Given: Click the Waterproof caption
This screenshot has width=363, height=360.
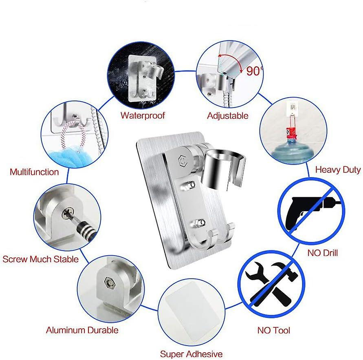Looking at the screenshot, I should tap(143, 115).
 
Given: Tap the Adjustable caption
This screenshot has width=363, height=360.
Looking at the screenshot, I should tap(227, 115).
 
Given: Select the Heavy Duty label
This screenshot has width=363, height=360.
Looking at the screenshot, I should tap(338, 170).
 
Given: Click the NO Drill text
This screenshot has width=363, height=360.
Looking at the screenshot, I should tap(322, 253).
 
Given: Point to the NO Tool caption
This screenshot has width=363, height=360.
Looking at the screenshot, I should tap(274, 330).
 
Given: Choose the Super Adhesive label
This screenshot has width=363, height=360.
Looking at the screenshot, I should tap(191, 353).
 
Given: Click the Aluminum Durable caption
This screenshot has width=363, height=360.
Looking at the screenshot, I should tap(82, 330).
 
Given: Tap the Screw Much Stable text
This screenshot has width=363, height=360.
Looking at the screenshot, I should tap(41, 259).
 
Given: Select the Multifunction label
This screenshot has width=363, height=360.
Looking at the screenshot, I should tap(34, 172).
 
